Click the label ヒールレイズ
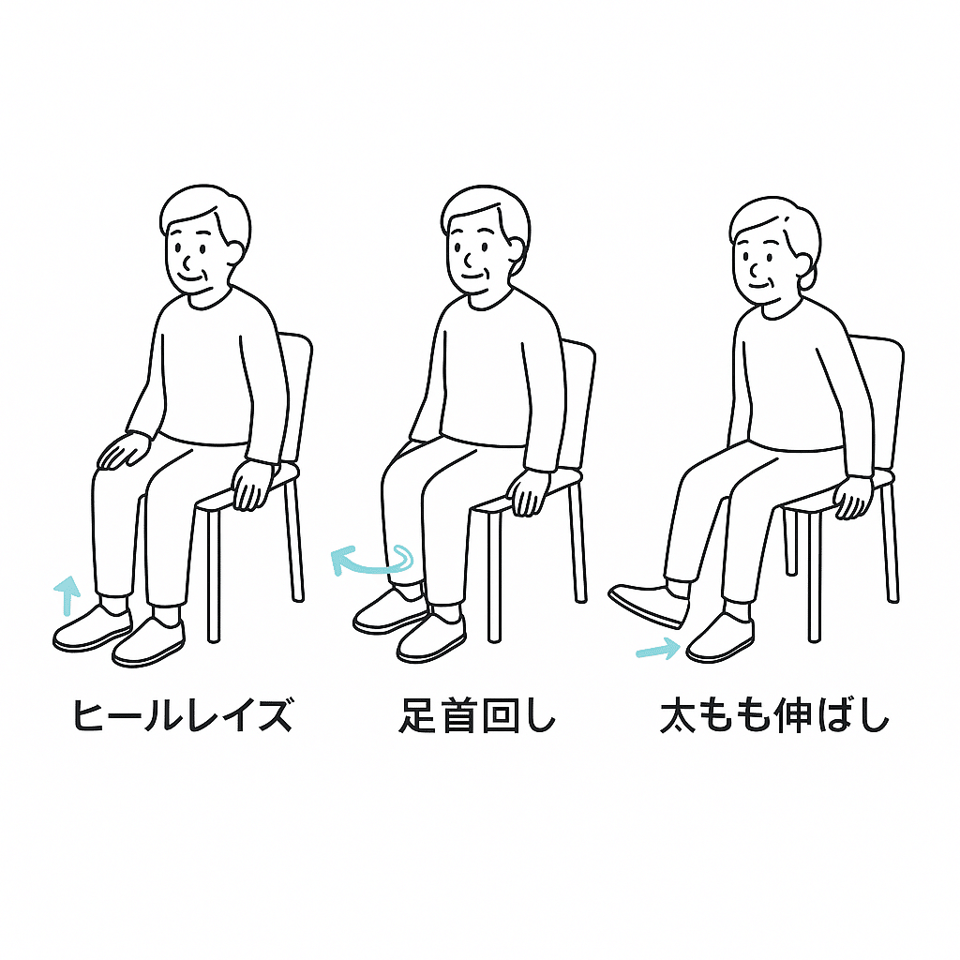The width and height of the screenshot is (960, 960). [x=182, y=715]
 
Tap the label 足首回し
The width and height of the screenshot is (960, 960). [x=477, y=715]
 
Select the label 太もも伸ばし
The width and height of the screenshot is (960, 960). [x=774, y=715]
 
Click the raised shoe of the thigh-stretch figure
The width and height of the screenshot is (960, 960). [x=649, y=606]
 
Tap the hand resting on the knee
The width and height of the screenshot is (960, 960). [x=123, y=450]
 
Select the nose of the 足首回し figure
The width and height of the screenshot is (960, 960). [x=467, y=262]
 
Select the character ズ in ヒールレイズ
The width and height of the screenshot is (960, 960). [x=275, y=715]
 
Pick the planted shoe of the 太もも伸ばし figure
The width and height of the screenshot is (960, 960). [x=720, y=637]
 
